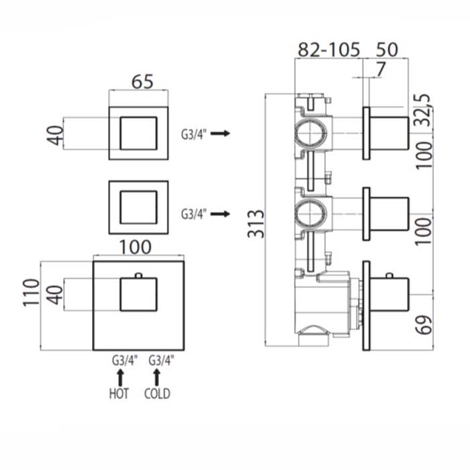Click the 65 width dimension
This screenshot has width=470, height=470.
point(142,81)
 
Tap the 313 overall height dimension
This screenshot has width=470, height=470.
point(256,224)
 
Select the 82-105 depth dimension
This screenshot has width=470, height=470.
point(328,50)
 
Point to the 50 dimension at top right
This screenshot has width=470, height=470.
point(387,50)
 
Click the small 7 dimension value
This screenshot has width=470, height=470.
point(380,70)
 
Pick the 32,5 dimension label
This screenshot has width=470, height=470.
point(424,109)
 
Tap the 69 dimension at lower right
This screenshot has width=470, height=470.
point(424,324)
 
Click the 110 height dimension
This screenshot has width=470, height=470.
point(31,292)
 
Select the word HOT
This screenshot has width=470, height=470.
point(119,393)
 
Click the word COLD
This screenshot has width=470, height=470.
point(157,393)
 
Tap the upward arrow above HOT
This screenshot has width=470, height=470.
point(120,377)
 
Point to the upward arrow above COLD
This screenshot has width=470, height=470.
point(156,377)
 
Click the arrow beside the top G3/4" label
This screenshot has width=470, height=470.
point(220,133)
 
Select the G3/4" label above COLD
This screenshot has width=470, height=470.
point(161,361)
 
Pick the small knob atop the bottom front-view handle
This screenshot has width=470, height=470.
point(138,275)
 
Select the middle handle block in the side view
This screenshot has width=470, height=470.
point(389,214)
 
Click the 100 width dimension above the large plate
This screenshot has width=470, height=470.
point(136,247)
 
